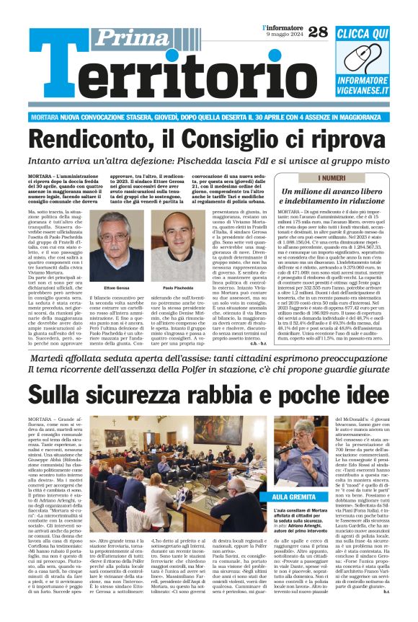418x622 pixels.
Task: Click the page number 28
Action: [x=318, y=32]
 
